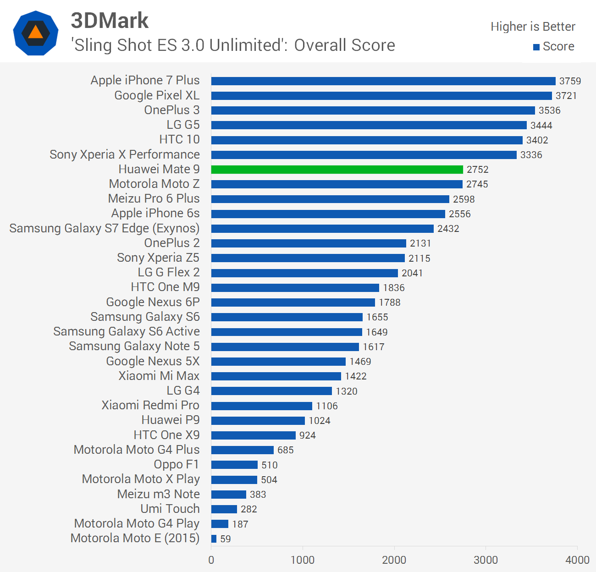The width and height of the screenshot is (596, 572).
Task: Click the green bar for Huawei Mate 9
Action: tap(337, 170)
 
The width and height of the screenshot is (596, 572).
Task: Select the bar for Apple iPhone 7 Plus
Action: tap(383, 81)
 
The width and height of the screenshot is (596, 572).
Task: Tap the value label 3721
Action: tap(566, 96)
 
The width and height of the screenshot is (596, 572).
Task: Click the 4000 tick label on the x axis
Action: tap(577, 560)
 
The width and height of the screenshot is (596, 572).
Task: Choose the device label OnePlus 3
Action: tap(172, 110)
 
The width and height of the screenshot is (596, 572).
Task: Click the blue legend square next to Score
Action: tap(536, 47)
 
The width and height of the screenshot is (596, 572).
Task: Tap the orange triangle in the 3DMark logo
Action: tap(35, 33)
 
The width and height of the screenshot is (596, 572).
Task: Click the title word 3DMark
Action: tap(110, 21)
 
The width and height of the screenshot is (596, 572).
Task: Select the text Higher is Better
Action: tap(533, 27)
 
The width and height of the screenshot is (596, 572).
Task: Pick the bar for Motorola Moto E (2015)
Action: tap(214, 539)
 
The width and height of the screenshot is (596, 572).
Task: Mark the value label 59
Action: tap(226, 539)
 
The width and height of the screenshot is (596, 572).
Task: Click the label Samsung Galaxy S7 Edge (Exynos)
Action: tap(105, 228)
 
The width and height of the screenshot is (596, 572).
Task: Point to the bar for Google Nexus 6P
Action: tap(293, 302)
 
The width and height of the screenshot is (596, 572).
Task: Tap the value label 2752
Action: tap(478, 170)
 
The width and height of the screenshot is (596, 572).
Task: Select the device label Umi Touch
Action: tap(170, 509)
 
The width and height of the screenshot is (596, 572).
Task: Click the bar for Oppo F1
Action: tap(234, 465)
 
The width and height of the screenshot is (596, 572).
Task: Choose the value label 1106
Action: tap(327, 406)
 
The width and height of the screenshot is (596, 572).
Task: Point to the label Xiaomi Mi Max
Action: tap(159, 376)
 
